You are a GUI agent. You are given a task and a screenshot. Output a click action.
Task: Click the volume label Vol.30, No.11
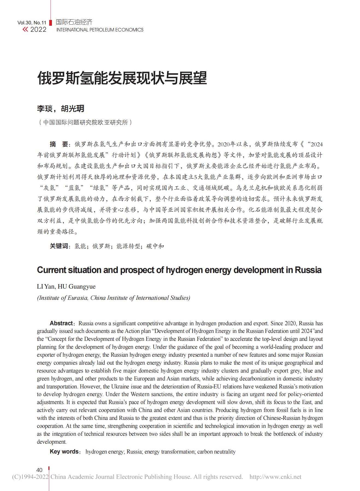32,23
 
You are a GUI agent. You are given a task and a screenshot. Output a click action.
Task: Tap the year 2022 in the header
38,30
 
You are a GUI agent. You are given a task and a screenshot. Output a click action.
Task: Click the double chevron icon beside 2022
25,30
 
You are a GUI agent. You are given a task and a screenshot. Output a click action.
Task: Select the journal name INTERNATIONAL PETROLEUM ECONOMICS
100,30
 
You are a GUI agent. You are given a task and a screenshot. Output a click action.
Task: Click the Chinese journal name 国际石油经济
74,22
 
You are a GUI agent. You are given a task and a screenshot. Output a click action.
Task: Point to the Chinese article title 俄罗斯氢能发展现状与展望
122,78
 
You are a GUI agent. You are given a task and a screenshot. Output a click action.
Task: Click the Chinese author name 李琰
45,109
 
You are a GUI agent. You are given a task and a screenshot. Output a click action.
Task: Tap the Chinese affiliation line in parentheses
85,123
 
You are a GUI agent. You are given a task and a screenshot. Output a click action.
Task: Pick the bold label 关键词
58,246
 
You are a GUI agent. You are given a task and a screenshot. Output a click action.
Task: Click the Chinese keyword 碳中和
155,246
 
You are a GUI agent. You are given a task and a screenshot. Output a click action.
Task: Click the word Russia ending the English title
308,270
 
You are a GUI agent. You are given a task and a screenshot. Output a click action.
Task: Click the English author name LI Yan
46,287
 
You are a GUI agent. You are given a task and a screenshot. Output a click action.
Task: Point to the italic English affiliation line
113,298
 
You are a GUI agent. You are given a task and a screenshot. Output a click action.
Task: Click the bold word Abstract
61,323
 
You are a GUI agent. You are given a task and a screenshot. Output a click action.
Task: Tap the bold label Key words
64,452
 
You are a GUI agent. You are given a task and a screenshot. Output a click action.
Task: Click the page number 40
39,470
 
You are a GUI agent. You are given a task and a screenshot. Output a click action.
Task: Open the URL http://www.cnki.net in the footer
275,477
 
